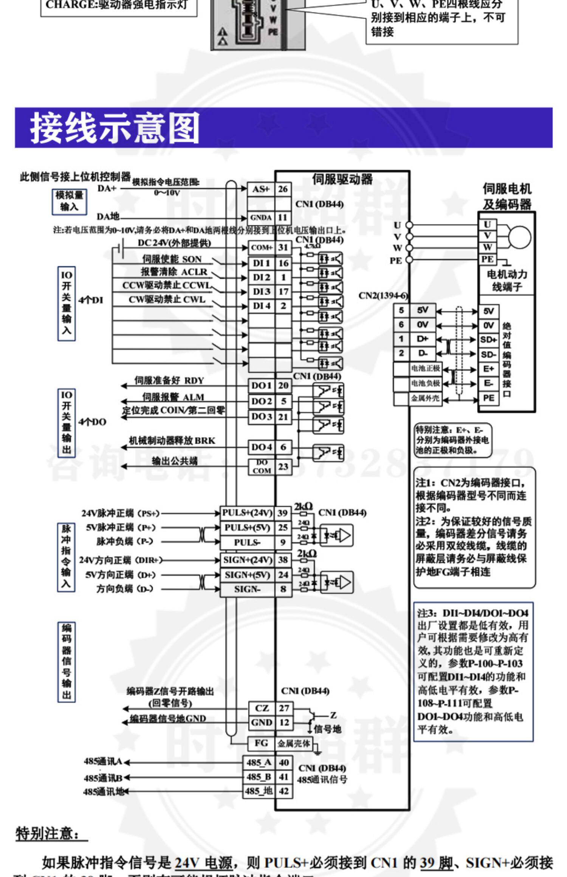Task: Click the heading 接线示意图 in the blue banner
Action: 115,128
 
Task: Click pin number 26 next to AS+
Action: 283,189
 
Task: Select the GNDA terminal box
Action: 261,218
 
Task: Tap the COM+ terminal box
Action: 262,248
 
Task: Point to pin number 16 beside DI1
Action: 283,263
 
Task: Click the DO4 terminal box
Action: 262,447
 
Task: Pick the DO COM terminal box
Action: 262,467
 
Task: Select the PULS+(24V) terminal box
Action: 247,513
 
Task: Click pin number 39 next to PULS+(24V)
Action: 283,513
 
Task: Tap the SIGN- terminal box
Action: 247,589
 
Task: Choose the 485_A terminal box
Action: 259,763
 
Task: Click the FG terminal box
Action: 261,743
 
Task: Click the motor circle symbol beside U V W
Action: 519,237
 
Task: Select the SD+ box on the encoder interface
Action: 488,340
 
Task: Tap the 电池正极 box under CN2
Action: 425,368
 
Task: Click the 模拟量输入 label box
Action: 69,201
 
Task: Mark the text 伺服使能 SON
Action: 172,259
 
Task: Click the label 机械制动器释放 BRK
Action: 172,440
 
